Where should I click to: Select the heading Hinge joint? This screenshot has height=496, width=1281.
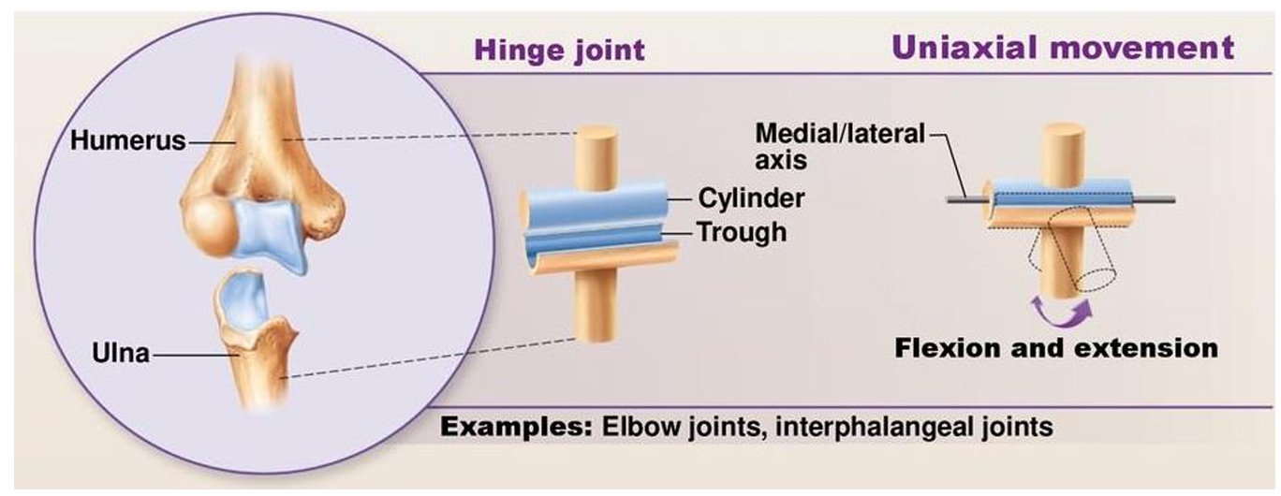(x=559, y=49)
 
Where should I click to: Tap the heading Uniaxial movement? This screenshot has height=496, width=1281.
(x=1062, y=47)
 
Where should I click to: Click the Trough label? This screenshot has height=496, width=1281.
(x=742, y=231)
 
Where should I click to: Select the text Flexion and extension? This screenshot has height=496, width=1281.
(x=1055, y=349)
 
